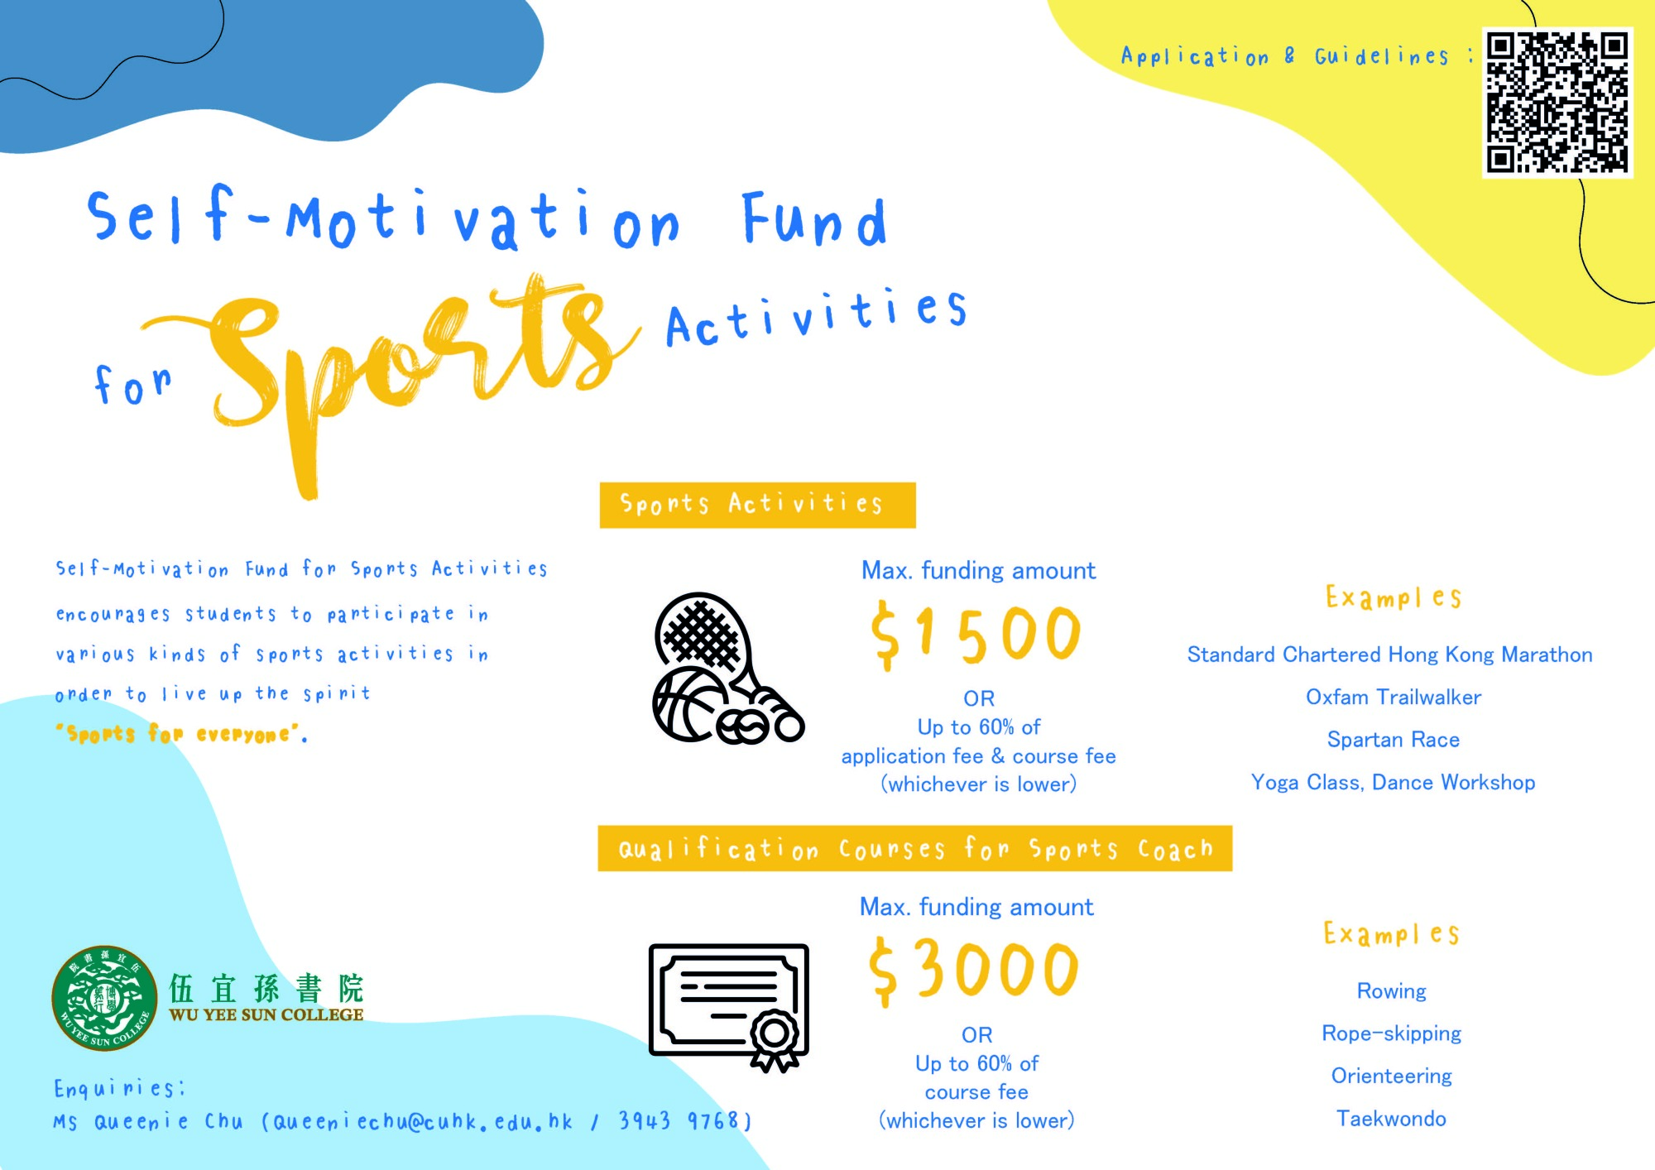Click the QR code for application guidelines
point(1557,103)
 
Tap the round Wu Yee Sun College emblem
point(104,998)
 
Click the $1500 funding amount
point(976,635)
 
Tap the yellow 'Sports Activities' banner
point(757,505)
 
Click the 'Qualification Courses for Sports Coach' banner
point(915,848)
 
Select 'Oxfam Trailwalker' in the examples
point(1394,698)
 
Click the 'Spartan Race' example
point(1394,740)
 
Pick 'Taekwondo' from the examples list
point(1392,1119)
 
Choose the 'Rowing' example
point(1392,991)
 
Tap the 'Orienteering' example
point(1392,1076)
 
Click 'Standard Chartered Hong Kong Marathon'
point(1390,655)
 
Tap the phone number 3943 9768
point(679,1121)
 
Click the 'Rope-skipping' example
point(1392,1033)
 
